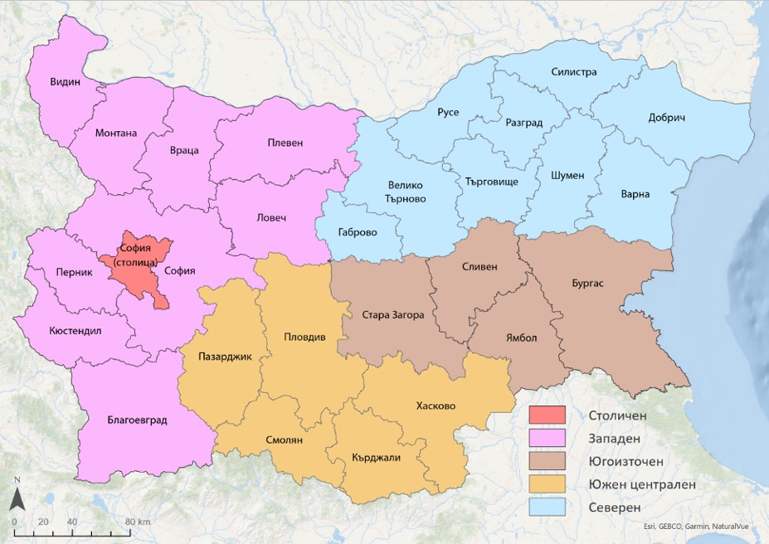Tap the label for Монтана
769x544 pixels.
(116, 133)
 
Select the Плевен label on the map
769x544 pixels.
(285, 143)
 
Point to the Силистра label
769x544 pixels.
(574, 72)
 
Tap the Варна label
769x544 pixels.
(635, 195)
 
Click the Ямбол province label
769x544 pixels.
(522, 338)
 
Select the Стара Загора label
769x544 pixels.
(393, 315)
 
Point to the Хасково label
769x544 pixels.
(436, 406)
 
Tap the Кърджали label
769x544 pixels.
(376, 459)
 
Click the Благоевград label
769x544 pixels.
(137, 420)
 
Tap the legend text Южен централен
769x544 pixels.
(642, 483)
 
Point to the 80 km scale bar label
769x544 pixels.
(137, 522)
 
